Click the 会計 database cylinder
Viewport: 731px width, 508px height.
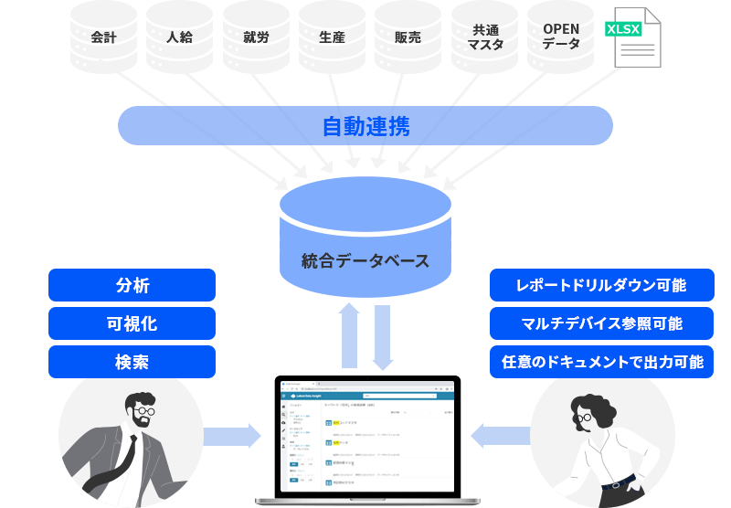pos(104,37)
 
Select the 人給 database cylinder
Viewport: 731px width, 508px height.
pos(180,37)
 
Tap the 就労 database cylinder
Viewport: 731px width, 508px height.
pos(256,37)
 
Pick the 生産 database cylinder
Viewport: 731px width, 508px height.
pos(332,37)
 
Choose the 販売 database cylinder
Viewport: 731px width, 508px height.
pos(408,37)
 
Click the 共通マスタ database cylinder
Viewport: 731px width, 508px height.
pos(484,37)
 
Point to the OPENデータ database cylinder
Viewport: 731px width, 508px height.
pos(560,37)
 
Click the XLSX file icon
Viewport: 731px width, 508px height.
pos(635,37)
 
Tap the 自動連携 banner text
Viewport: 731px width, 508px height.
pos(365,126)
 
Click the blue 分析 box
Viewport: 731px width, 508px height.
pos(132,285)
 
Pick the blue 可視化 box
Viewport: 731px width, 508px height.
pos(132,323)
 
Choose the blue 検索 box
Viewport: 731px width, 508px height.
pos(132,362)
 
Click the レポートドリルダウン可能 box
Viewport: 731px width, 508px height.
pos(601,285)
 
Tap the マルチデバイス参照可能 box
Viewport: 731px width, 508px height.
pos(601,323)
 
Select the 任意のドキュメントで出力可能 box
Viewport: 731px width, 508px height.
pos(601,362)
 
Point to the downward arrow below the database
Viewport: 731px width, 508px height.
pos(382,337)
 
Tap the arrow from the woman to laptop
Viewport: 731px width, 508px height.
pos(500,435)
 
